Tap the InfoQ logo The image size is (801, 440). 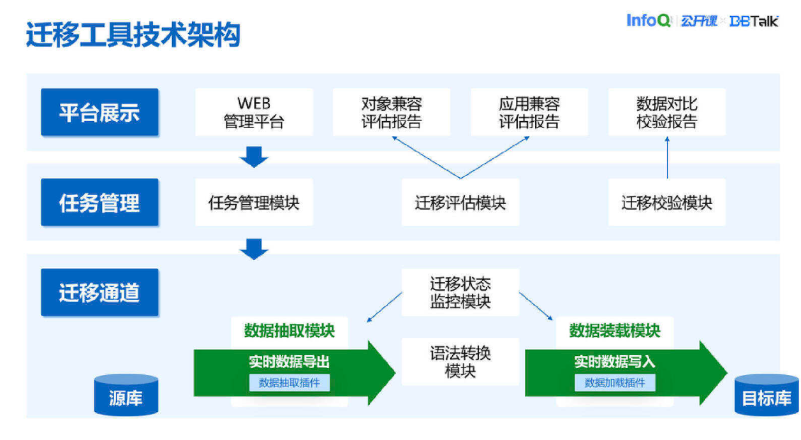(x=648, y=20)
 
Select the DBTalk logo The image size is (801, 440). (x=754, y=21)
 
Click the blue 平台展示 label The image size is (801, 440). (x=99, y=113)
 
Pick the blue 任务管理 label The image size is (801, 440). (x=99, y=203)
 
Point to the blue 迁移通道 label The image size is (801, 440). (x=99, y=293)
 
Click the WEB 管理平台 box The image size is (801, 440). (x=254, y=112)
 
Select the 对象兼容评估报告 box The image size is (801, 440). (x=392, y=112)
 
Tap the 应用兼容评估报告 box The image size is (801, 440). (x=529, y=112)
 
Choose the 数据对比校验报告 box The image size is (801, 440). (x=667, y=112)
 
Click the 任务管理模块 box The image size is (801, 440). (x=254, y=203)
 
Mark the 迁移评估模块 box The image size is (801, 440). (x=460, y=203)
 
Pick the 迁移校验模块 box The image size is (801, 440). (x=667, y=203)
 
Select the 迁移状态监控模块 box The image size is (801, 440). (x=460, y=293)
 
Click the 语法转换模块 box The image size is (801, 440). (x=460, y=362)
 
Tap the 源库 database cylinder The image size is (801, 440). (x=126, y=395)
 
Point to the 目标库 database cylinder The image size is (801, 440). (x=767, y=395)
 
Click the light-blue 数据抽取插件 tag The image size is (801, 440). (x=290, y=383)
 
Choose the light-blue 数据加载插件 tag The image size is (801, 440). (x=615, y=383)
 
